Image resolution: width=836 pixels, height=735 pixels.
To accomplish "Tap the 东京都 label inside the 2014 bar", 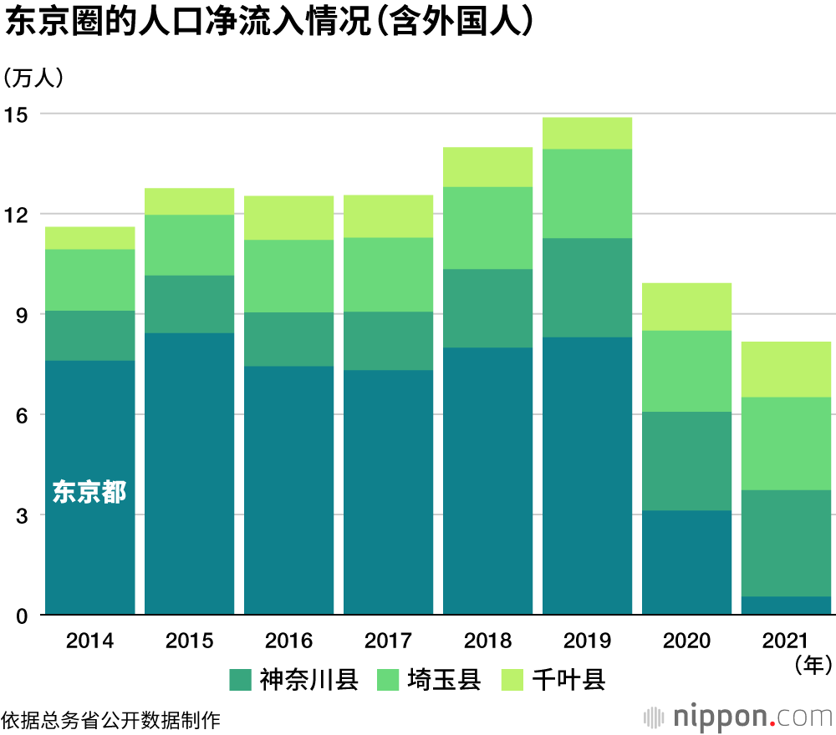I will tap(89, 493).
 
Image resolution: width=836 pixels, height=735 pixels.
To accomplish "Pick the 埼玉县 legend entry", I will tap(429, 680).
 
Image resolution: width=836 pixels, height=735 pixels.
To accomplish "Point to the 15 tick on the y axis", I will tap(17, 114).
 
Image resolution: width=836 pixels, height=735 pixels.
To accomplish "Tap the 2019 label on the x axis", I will tap(587, 641).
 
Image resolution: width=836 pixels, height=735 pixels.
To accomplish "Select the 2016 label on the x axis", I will tap(288, 641).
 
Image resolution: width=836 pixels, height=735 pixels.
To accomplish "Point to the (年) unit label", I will tap(812, 664).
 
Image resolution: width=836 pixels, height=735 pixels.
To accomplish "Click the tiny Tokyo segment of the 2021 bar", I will tap(786, 606).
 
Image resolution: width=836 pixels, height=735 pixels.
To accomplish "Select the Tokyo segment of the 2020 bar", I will tap(686, 562).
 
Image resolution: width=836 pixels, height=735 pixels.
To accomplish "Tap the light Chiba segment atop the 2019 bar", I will tap(587, 133).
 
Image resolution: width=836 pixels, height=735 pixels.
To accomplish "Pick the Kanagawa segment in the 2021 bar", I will tap(786, 543).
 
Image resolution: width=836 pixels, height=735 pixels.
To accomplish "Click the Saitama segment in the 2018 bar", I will tap(487, 227).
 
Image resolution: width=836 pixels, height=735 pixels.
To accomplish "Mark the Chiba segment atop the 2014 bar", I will tap(89, 238).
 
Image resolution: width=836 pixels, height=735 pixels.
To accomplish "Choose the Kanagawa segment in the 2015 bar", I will tap(189, 304).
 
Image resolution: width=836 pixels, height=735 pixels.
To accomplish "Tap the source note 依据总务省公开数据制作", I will tap(110, 719).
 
